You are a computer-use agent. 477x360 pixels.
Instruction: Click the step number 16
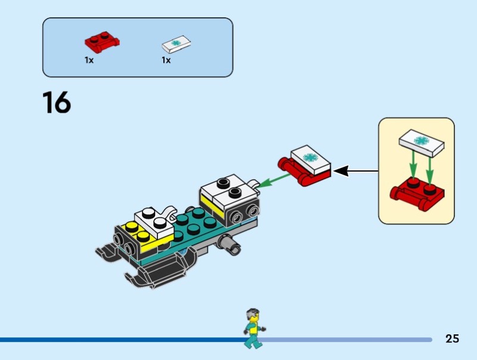tap(57, 103)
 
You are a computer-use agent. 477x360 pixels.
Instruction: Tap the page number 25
tap(452, 339)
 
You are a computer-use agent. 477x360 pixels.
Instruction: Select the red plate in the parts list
tap(102, 42)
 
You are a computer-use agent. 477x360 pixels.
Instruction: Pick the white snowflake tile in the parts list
tap(177, 44)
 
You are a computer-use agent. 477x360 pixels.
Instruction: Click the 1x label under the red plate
tap(89, 60)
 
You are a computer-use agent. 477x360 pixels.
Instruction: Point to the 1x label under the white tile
tap(166, 60)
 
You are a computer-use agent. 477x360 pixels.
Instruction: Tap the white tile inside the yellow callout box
tap(421, 142)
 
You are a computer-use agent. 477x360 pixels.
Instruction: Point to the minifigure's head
tap(253, 314)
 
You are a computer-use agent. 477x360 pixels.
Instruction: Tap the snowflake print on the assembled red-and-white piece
tap(310, 158)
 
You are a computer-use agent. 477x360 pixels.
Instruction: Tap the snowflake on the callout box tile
tap(422, 141)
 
